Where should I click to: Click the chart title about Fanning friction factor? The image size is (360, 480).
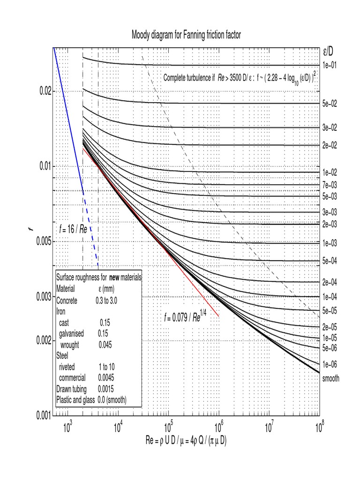(186, 35)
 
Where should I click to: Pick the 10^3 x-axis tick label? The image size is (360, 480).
(67, 427)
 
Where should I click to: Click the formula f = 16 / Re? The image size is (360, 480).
(73, 229)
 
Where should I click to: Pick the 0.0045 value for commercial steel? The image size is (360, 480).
(105, 377)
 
